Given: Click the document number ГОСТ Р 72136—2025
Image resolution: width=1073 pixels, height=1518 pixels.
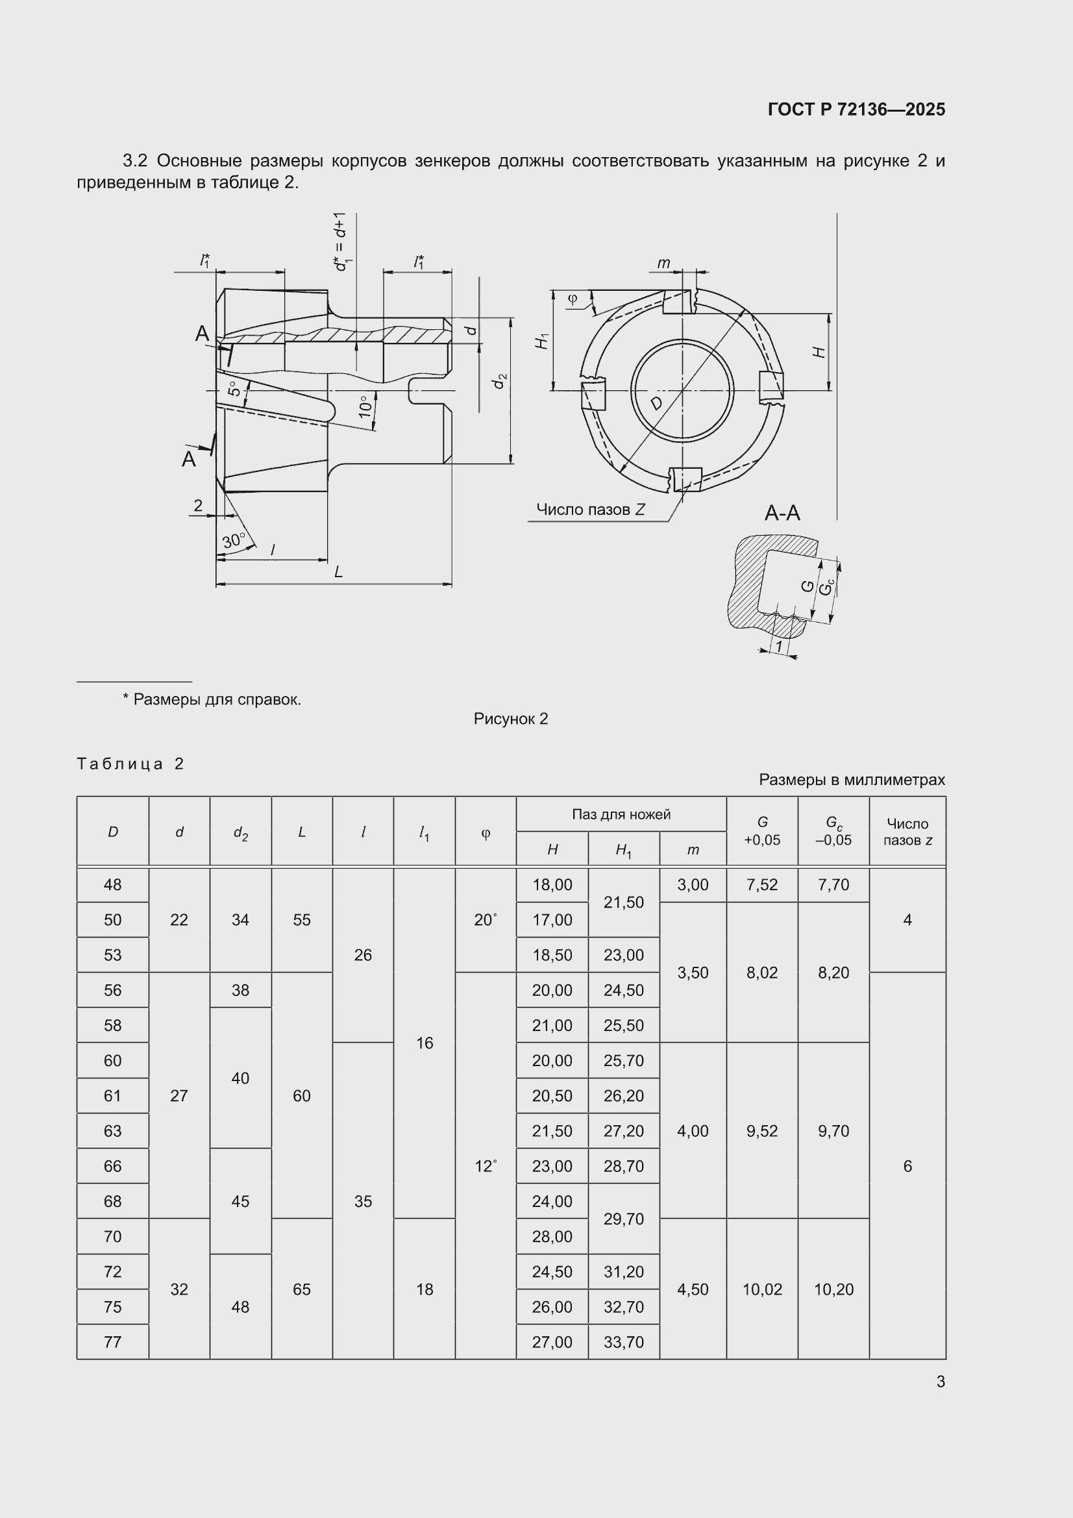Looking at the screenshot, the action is pyautogui.click(x=856, y=109).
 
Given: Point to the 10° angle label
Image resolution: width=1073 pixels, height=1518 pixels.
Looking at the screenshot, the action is pyautogui.click(x=365, y=406).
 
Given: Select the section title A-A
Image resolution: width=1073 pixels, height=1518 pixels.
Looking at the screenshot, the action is pyautogui.click(x=782, y=512).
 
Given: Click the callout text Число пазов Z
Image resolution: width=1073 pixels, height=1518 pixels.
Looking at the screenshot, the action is pyautogui.click(x=591, y=509).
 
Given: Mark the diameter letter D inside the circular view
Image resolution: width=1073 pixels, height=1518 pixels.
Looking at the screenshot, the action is pyautogui.click(x=656, y=403).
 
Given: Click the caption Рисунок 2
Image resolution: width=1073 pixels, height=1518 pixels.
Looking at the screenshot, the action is pyautogui.click(x=511, y=719).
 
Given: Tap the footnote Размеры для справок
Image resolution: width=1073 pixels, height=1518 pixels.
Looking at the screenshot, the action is pyautogui.click(x=217, y=699).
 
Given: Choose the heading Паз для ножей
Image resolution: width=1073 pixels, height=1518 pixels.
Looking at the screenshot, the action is pyautogui.click(x=621, y=814).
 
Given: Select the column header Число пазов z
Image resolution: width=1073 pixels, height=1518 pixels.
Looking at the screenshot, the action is pyautogui.click(x=907, y=832).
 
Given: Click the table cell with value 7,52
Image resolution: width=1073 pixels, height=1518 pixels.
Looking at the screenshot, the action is pyautogui.click(x=762, y=884).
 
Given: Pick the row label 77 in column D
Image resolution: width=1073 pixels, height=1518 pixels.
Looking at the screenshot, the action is pyautogui.click(x=112, y=1341).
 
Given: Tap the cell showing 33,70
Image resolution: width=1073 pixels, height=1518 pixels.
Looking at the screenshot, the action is pyautogui.click(x=623, y=1341).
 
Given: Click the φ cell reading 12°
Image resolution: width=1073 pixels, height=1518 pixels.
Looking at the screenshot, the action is pyautogui.click(x=486, y=1165).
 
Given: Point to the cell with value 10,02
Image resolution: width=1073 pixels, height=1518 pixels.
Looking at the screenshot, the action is pyautogui.click(x=762, y=1289).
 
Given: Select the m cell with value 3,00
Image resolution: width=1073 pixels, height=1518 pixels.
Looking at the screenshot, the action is pyautogui.click(x=693, y=884).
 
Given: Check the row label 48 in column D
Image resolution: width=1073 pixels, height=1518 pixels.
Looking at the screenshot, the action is pyautogui.click(x=112, y=884).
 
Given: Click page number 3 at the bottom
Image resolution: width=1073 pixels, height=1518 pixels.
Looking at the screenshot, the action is pyautogui.click(x=941, y=1381).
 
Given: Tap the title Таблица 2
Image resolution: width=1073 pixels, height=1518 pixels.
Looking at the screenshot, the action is pyautogui.click(x=130, y=764).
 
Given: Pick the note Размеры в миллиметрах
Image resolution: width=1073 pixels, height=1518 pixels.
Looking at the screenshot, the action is pyautogui.click(x=852, y=780).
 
